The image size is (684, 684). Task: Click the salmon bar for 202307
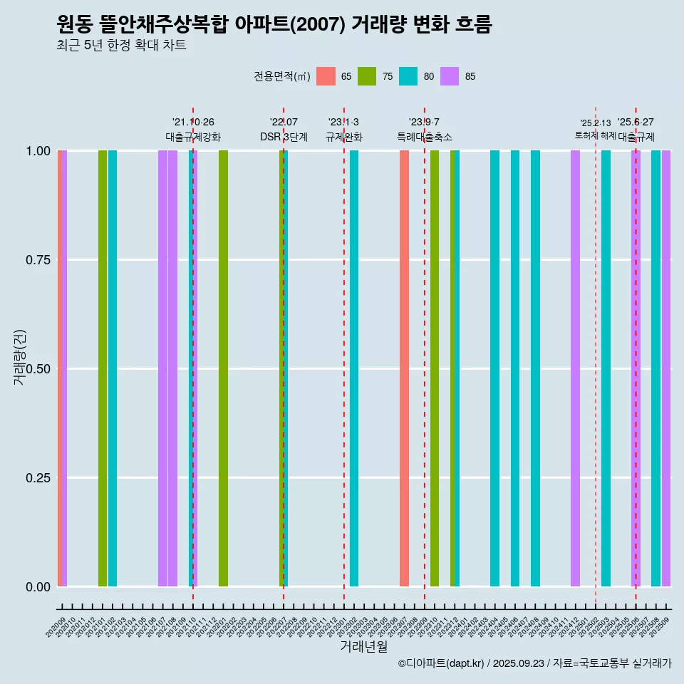pos(404,368)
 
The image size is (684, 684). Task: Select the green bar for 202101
pos(103,368)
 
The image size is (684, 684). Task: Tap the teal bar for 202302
pos(354,368)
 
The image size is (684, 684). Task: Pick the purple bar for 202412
pos(575,368)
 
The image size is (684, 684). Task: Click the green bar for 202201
pos(223,368)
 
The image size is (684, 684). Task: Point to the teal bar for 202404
pos(494,368)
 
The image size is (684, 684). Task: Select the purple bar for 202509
pos(666,368)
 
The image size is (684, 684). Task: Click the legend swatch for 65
pos(326,76)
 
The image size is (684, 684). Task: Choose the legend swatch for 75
pos(367,76)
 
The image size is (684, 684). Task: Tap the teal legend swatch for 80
pos(408,76)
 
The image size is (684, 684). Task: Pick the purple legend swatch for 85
pos(450,76)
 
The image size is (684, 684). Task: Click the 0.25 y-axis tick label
pos(36,478)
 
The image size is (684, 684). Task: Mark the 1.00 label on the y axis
pos(36,151)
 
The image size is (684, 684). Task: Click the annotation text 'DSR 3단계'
pos(284,137)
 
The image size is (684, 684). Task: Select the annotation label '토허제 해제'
pos(596,135)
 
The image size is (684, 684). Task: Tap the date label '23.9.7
pos(424,122)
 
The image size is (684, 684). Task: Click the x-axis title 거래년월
pos(363,646)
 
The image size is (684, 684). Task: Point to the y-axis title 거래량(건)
pos(20,356)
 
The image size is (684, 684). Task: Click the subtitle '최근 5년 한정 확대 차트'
pos(121,46)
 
